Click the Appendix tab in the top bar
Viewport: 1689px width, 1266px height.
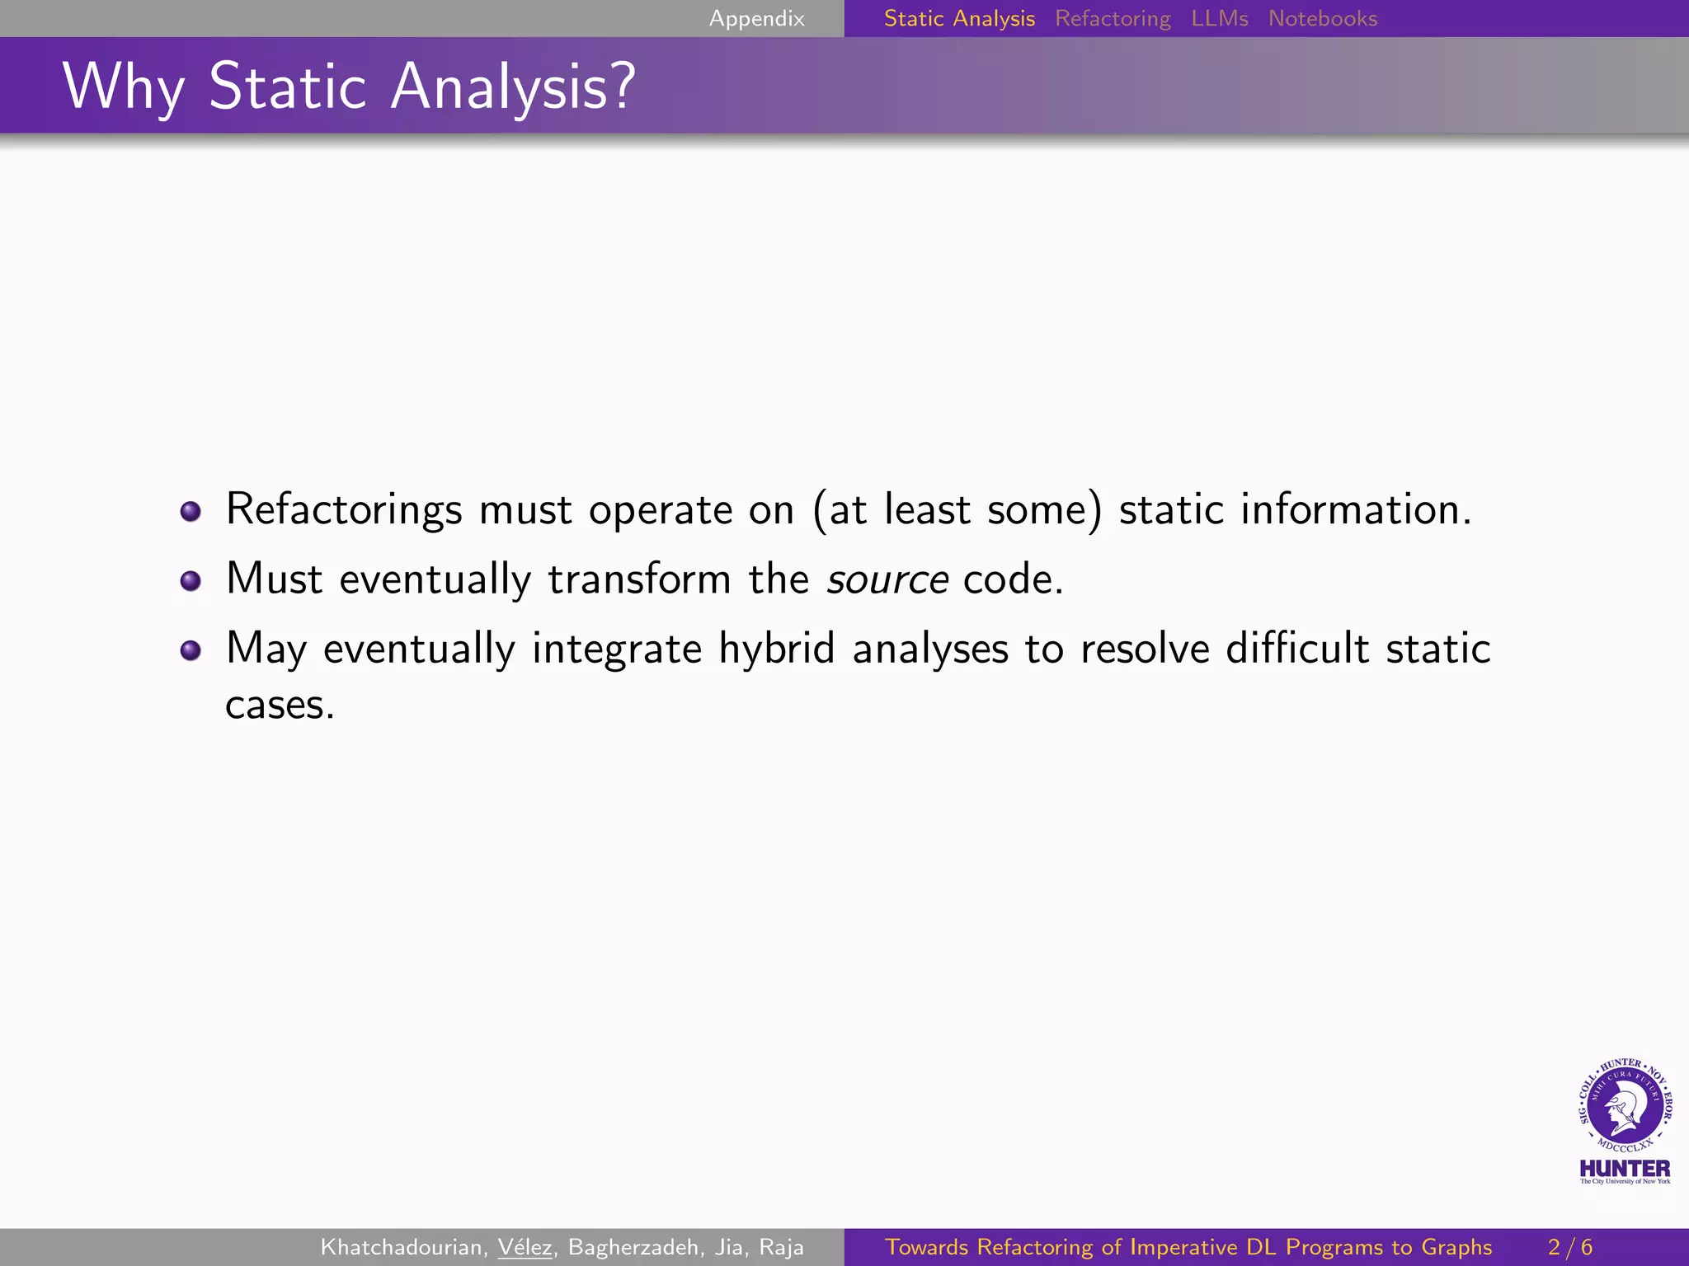(x=756, y=18)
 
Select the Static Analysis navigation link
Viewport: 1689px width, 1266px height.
(x=958, y=18)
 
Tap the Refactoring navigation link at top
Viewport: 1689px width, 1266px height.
(x=1113, y=18)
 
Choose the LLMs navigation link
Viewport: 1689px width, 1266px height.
(x=1219, y=18)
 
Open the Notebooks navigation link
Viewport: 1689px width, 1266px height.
(x=1322, y=18)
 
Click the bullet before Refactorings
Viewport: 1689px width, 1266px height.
(x=191, y=512)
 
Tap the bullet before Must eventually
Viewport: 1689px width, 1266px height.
(x=191, y=581)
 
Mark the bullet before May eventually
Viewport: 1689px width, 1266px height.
(x=191, y=650)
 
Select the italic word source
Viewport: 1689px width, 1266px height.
(x=887, y=580)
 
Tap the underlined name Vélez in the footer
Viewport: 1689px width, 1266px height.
(x=525, y=1247)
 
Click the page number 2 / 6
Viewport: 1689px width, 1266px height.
(x=1569, y=1247)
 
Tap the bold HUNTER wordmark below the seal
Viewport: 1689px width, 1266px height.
(x=1624, y=1169)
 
